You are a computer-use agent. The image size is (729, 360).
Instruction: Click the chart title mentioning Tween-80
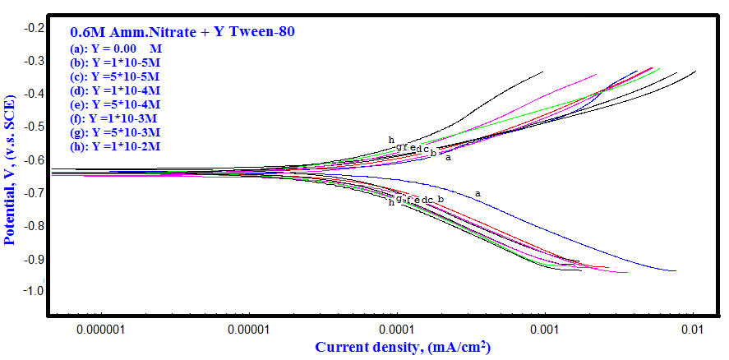point(182,32)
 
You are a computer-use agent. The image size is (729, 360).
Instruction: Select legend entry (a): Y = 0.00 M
point(116,48)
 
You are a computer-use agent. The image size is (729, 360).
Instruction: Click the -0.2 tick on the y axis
point(35,28)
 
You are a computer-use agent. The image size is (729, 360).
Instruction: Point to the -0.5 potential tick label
point(35,127)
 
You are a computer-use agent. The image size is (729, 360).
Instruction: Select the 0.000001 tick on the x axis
point(99,330)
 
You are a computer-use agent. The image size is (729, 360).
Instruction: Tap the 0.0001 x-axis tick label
point(396,330)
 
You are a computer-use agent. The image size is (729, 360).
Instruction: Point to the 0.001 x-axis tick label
point(544,330)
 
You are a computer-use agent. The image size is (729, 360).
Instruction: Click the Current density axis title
point(403,348)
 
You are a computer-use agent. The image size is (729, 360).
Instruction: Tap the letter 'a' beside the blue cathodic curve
point(478,194)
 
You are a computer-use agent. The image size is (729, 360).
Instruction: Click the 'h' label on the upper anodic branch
point(391,140)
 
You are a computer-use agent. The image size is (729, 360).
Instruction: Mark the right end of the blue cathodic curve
point(675,270)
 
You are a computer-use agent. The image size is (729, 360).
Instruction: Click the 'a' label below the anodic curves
point(448,158)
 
